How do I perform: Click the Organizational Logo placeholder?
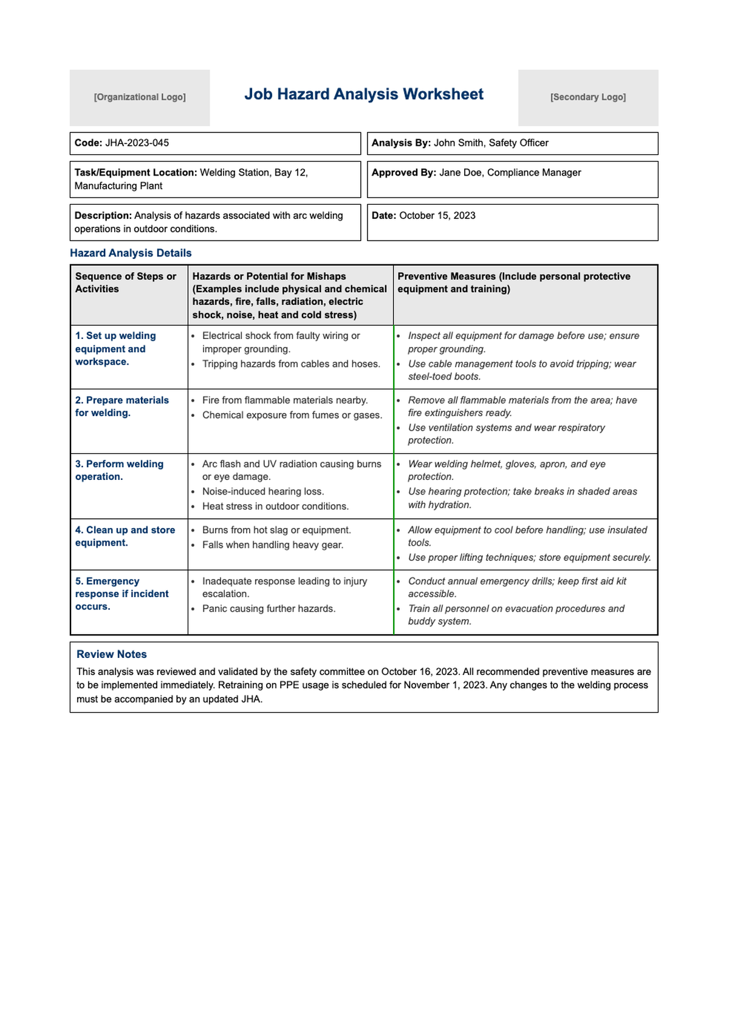pos(140,97)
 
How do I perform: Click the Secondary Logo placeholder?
pos(587,97)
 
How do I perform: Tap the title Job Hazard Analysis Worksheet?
pos(364,94)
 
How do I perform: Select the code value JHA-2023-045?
pos(137,143)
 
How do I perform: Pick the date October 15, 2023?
pos(437,216)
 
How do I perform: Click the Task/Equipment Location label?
pos(135,173)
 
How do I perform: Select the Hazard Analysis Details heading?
pos(131,253)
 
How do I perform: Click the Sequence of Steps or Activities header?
pos(125,283)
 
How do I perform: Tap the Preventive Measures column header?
pos(513,283)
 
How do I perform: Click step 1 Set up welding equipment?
pos(115,349)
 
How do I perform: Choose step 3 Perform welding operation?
pos(119,470)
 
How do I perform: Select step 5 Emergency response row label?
pos(122,594)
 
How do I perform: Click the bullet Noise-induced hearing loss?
pos(263,492)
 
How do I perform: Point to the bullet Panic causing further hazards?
pos(269,609)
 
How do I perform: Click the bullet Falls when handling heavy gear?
pos(273,545)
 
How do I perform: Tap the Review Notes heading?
pos(112,654)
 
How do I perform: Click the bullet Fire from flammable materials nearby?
pos(285,400)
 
